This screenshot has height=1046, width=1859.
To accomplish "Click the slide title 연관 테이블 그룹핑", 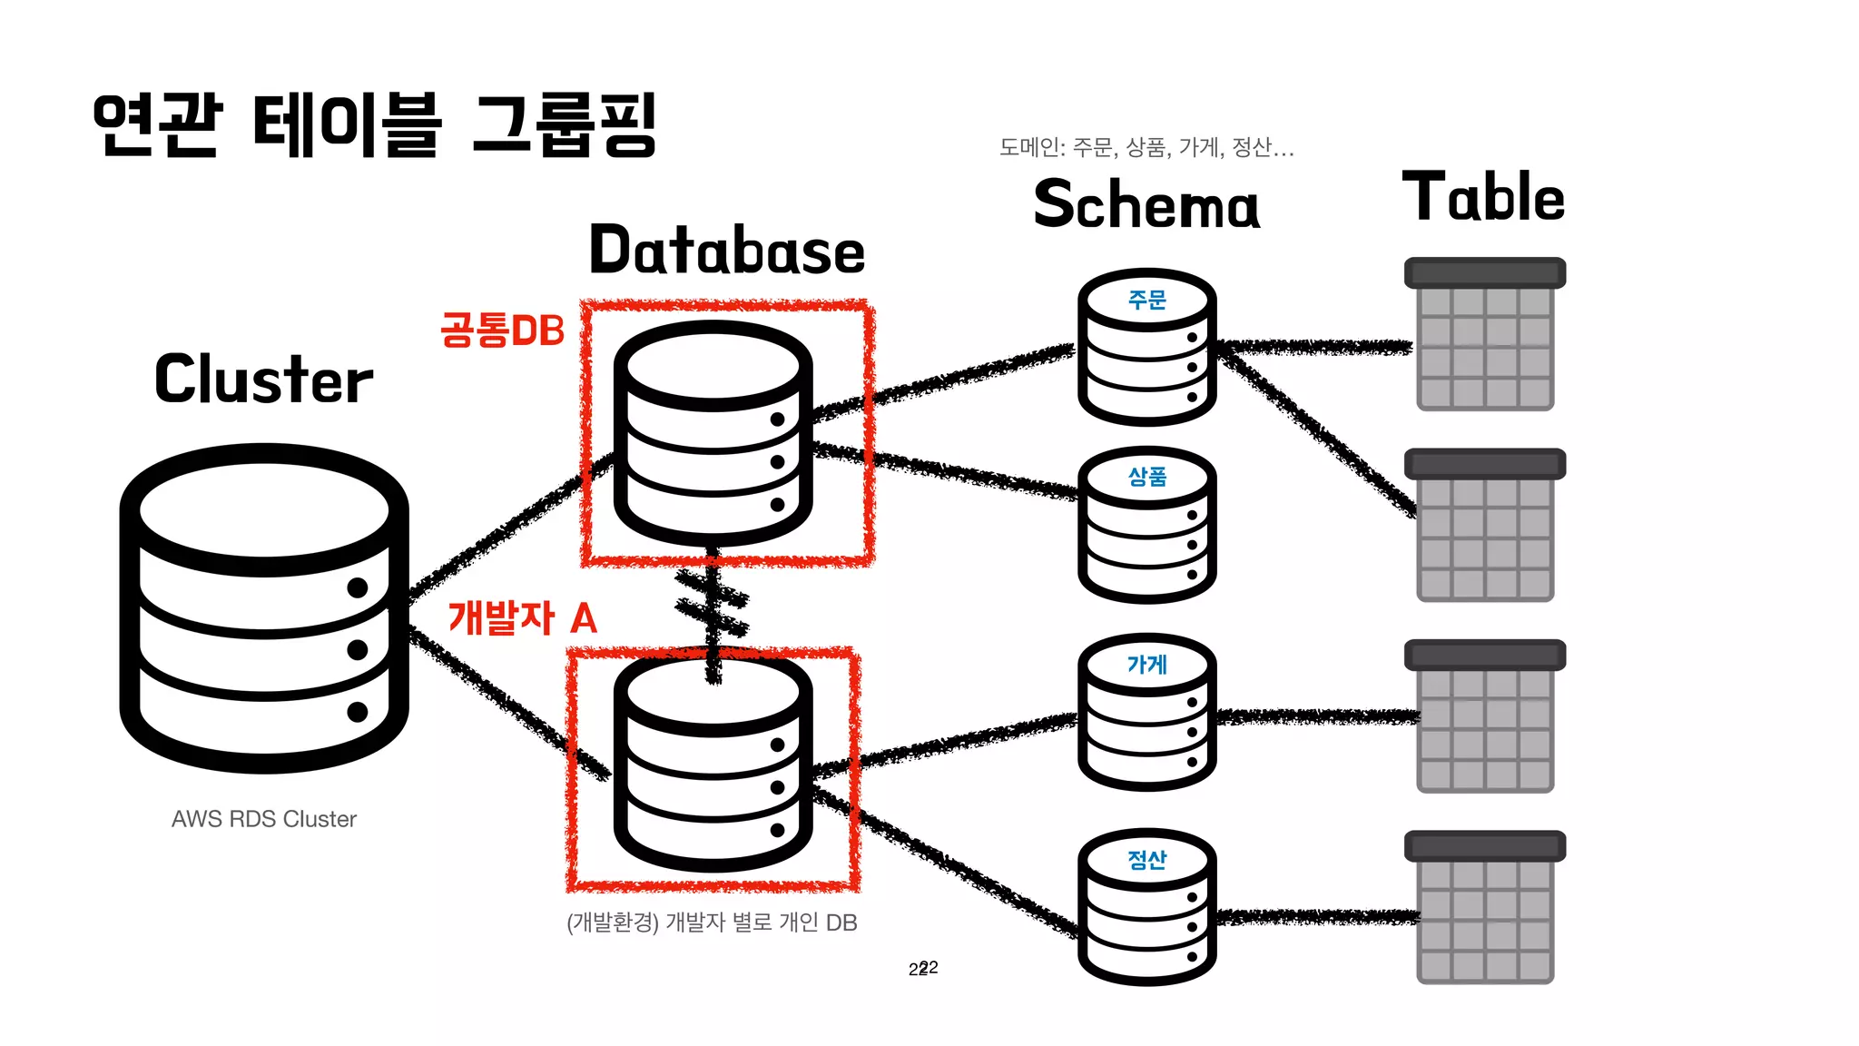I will tap(374, 124).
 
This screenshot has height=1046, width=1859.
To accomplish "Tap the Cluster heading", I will tap(263, 380).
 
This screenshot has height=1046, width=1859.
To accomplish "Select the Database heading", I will tap(726, 251).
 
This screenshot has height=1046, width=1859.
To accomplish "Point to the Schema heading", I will tap(1146, 203).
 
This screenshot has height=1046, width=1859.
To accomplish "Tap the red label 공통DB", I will tap(502, 331).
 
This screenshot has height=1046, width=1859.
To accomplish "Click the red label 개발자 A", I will tap(522, 618).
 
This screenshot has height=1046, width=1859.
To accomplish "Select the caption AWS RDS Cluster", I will tap(264, 819).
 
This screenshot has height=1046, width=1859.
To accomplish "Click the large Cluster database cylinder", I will tap(264, 608).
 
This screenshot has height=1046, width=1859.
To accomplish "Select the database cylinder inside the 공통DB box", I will tap(713, 434).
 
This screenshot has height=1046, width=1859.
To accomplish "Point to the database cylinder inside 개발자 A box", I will tap(713, 763).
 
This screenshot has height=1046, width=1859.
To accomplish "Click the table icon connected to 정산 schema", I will tap(1485, 907).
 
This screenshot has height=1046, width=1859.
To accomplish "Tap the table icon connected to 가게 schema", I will tap(1485, 716).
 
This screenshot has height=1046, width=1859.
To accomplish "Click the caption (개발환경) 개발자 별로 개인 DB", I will tap(712, 923).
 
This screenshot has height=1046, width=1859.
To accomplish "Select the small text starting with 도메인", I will tap(1146, 147).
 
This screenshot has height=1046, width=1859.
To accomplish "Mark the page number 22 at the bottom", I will tap(923, 968).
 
